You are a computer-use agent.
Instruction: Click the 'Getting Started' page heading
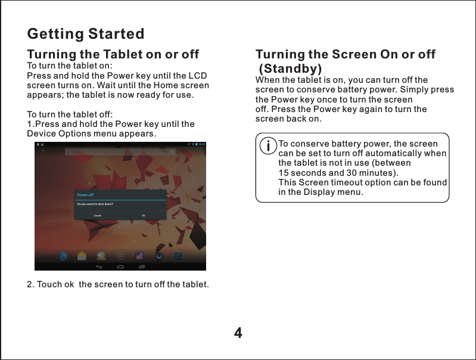pos(86,33)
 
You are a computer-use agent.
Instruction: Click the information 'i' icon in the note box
pos(269,145)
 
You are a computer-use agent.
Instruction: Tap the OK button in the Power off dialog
pos(144,215)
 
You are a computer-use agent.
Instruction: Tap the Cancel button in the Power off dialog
pos(98,215)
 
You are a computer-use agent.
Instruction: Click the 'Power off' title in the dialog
pos(85,195)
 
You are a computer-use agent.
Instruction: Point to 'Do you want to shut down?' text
pos(95,204)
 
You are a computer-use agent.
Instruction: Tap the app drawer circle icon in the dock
pos(120,256)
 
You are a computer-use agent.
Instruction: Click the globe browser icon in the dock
pos(63,256)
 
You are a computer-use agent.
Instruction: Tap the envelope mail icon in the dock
pos(82,256)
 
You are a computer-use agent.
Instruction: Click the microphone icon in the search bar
pos(173,152)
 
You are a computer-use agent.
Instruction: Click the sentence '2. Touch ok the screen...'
pos(118,284)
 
